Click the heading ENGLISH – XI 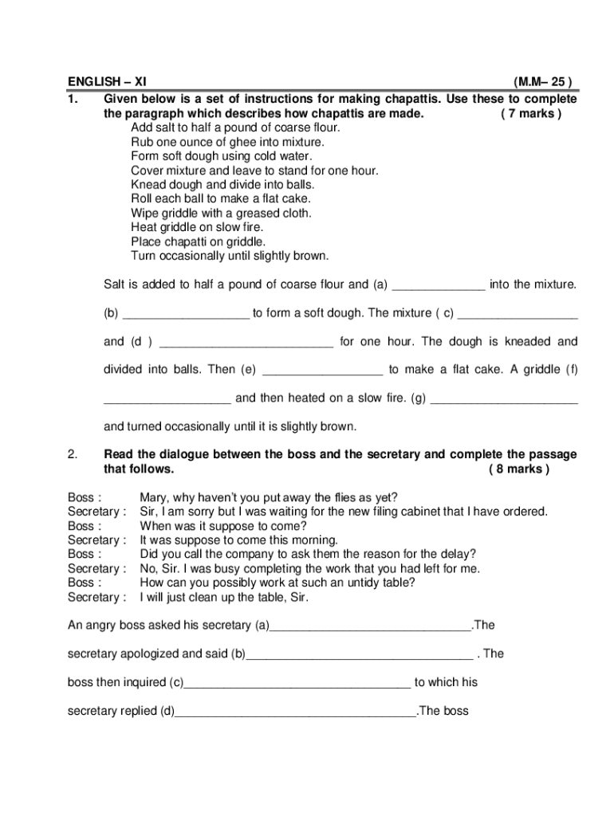[x=107, y=81]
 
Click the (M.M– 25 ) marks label [x=542, y=81]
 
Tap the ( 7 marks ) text [x=531, y=113]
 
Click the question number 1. [x=73, y=99]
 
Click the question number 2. [x=73, y=454]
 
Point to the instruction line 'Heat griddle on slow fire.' [x=197, y=227]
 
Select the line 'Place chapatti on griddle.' [x=199, y=241]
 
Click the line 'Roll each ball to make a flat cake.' [x=221, y=198]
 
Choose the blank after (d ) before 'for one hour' [x=246, y=342]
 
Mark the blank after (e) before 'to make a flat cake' [x=322, y=371]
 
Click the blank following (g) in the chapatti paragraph [x=503, y=398]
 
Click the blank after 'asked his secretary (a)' [x=371, y=626]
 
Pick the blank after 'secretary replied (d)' [x=295, y=711]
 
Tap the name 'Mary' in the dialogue [x=154, y=498]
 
